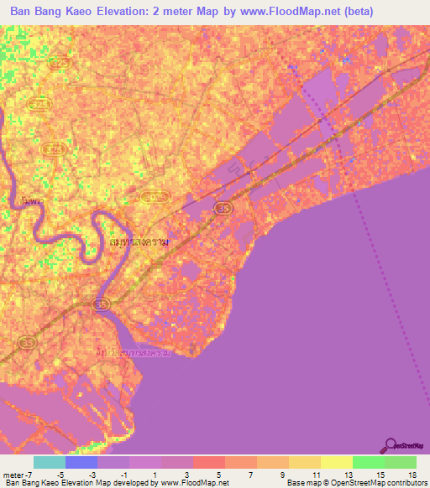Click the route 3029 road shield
point(161,196)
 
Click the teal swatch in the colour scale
point(50,462)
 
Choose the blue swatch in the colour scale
point(81,462)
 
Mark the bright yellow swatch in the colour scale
point(336,462)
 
